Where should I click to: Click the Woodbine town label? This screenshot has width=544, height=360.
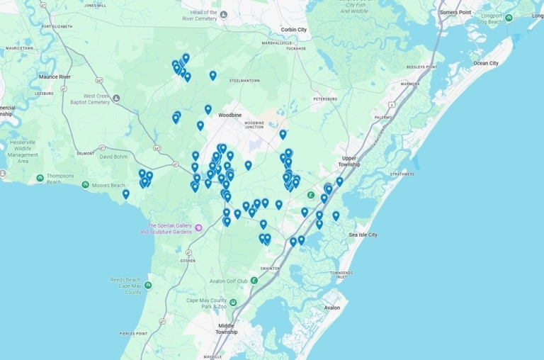(x=230, y=115)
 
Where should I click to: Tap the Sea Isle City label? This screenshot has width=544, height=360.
(x=363, y=235)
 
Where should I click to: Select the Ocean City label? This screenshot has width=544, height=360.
(x=486, y=63)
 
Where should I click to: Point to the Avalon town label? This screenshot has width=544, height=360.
(x=331, y=308)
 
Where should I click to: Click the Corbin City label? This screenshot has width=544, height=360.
(x=294, y=30)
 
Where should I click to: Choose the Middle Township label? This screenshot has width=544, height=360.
(x=227, y=328)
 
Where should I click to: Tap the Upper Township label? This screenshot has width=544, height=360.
(x=349, y=161)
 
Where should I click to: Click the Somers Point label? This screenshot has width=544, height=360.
(x=455, y=13)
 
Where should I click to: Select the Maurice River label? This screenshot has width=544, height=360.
(x=55, y=77)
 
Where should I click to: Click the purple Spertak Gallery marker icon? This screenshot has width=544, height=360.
(x=199, y=227)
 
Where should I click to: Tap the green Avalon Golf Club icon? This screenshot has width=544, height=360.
(x=254, y=281)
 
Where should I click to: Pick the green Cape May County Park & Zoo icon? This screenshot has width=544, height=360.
(x=232, y=303)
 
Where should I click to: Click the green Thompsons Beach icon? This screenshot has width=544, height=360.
(x=40, y=178)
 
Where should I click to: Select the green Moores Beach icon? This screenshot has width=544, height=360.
(x=86, y=185)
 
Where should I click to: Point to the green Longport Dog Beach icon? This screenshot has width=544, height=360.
(x=509, y=18)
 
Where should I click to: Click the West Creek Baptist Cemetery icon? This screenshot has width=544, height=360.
(x=116, y=99)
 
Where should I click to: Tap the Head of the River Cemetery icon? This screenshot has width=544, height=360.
(x=224, y=14)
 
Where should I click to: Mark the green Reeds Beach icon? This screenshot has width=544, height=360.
(x=147, y=286)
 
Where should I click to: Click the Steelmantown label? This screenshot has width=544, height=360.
(x=245, y=81)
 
